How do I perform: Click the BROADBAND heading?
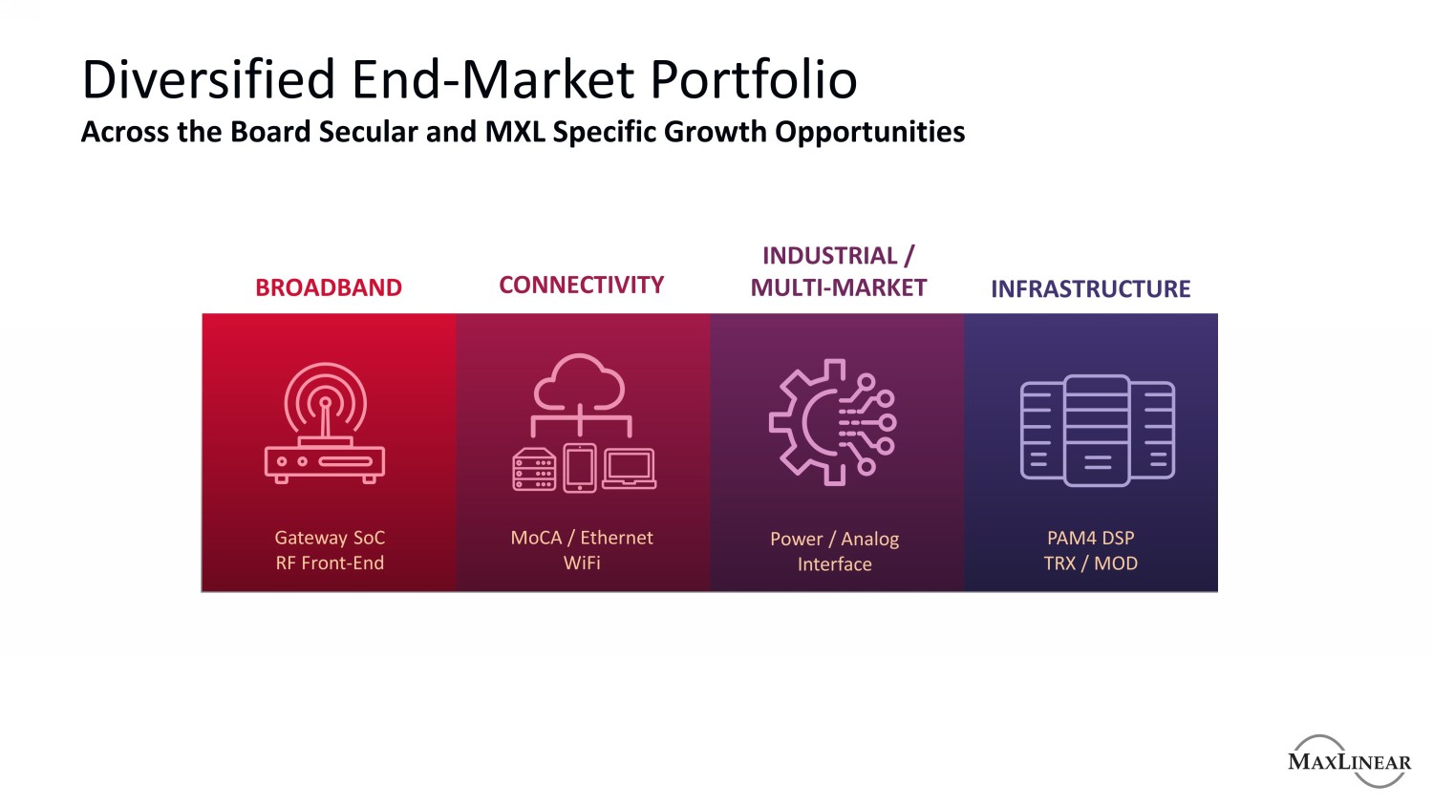(329, 287)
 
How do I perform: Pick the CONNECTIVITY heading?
(582, 286)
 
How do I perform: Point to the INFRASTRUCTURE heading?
(1091, 289)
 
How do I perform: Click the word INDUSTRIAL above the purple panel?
(830, 256)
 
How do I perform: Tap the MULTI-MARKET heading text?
(838, 287)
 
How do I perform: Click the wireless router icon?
(325, 422)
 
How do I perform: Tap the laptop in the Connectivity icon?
(629, 469)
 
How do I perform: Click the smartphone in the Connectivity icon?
(580, 468)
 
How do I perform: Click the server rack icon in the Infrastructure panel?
(1097, 431)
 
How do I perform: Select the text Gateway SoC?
(331, 538)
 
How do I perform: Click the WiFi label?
(582, 562)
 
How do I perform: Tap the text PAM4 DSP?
(1091, 538)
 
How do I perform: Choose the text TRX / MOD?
(1091, 563)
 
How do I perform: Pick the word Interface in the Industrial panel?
(835, 564)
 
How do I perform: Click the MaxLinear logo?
(1349, 761)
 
